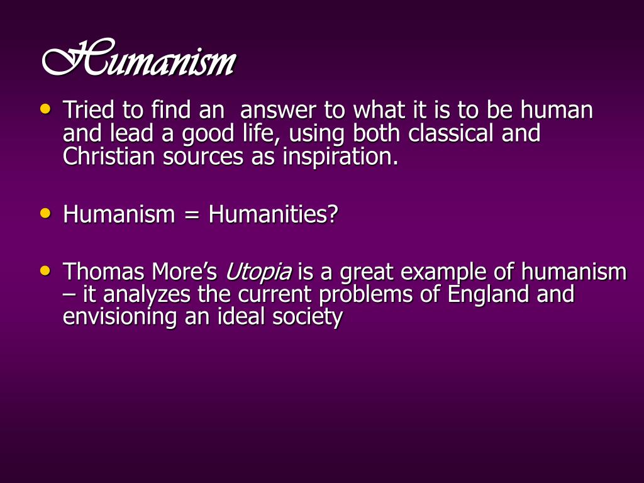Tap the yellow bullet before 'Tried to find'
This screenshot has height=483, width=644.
coord(44,108)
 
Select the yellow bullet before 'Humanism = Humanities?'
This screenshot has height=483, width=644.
coord(44,213)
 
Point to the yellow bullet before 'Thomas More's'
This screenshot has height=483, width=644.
coord(44,270)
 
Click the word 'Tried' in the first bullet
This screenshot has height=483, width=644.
coord(89,111)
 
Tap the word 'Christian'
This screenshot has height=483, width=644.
coord(109,156)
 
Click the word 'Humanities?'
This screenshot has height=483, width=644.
coord(274,215)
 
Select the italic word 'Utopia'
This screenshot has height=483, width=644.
coord(258,273)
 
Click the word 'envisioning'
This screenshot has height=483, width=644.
coord(120,316)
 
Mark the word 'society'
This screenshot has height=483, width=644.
coord(308,316)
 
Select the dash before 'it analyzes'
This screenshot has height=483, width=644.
coord(68,294)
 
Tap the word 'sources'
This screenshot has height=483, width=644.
coord(203,156)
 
